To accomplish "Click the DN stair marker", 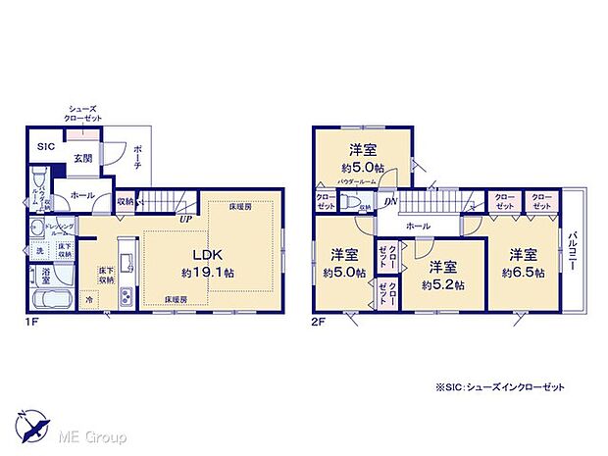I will click(x=390, y=202).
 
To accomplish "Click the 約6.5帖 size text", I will click(x=521, y=273).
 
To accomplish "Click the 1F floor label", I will click(x=31, y=320).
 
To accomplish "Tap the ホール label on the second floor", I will click(x=417, y=227).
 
